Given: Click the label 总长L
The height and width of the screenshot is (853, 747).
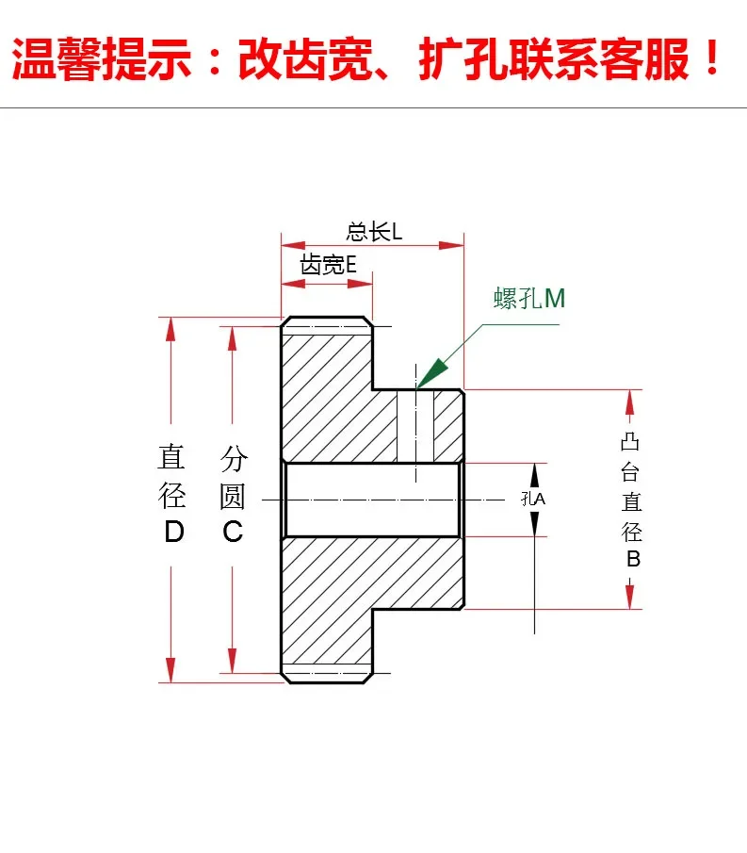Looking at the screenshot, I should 374,232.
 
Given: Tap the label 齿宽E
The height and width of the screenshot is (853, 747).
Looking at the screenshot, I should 328,265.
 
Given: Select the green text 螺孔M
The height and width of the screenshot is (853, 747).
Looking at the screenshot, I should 529,299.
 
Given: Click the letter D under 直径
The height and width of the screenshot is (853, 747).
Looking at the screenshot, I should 174,532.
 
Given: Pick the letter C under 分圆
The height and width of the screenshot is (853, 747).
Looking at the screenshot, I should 233,532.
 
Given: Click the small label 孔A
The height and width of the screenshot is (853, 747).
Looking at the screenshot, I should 533,499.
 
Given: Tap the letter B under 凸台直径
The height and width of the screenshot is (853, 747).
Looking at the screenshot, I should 633,559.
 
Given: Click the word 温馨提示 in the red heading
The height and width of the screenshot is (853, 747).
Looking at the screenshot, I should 101,57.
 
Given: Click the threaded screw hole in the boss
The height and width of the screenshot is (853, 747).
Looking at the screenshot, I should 414,425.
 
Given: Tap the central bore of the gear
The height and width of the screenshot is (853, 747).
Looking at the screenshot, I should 372,499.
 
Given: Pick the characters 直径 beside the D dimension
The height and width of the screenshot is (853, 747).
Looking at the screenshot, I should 171,476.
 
